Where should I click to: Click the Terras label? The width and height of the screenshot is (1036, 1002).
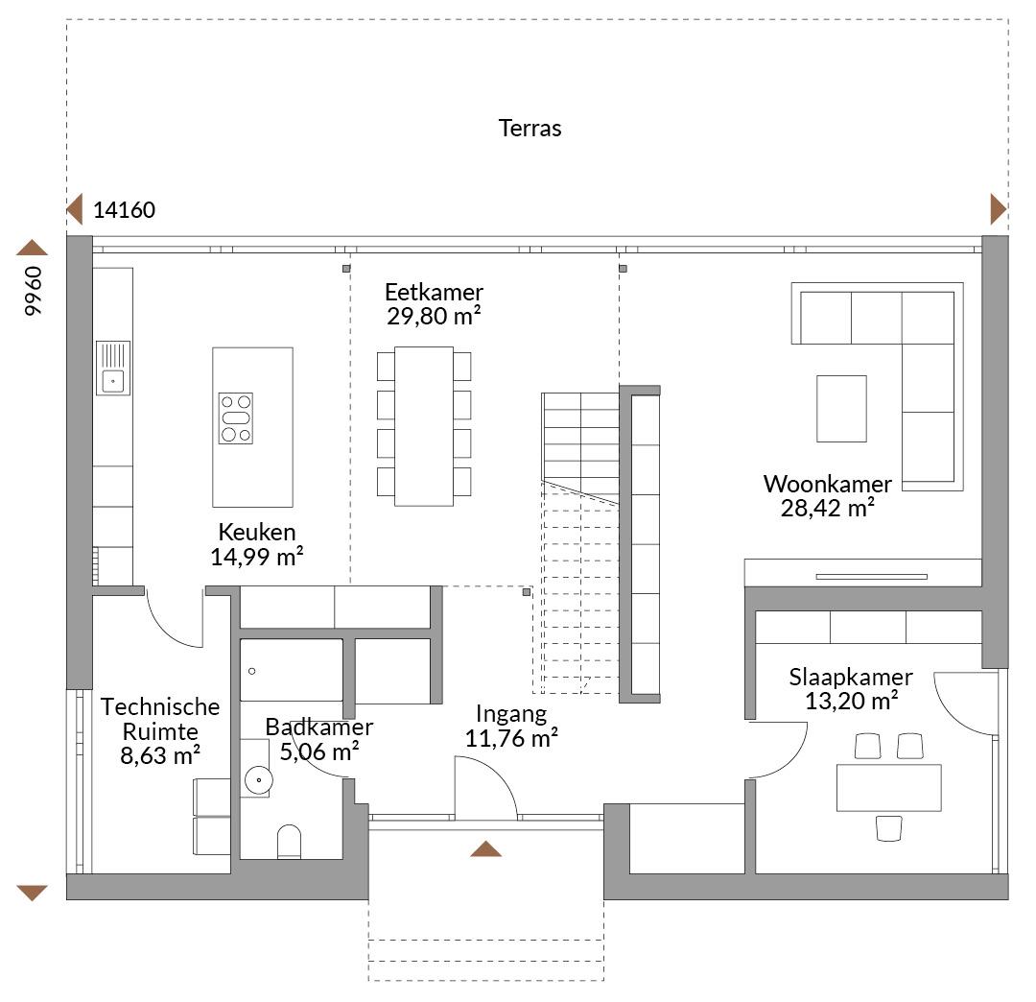point(530,128)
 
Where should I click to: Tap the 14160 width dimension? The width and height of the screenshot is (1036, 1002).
point(124,209)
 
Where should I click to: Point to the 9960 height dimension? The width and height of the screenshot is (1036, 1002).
point(33,291)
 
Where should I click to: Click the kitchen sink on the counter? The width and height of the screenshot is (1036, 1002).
point(113,369)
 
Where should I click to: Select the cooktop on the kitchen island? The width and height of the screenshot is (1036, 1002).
point(236,418)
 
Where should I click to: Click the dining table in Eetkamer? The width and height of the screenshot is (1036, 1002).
point(424,426)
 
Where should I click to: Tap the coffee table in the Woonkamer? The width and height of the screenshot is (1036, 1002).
point(842,409)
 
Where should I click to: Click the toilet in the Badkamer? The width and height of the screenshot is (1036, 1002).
point(289,842)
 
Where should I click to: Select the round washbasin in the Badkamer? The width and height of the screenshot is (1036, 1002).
point(258,780)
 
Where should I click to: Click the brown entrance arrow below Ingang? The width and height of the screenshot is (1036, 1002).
point(485,848)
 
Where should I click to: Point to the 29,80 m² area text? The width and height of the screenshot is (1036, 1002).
point(434,316)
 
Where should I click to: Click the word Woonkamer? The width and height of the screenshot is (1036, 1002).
point(827,484)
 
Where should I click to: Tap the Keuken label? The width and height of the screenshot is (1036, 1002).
point(257,532)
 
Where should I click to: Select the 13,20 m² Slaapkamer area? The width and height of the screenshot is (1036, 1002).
point(851,701)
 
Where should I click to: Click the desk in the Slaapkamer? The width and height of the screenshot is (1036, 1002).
point(888,788)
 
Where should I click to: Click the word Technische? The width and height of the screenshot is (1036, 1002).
point(160,706)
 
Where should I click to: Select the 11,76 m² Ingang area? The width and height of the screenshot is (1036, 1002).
point(511,738)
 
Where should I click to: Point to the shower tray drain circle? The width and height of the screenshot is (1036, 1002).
point(251,672)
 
